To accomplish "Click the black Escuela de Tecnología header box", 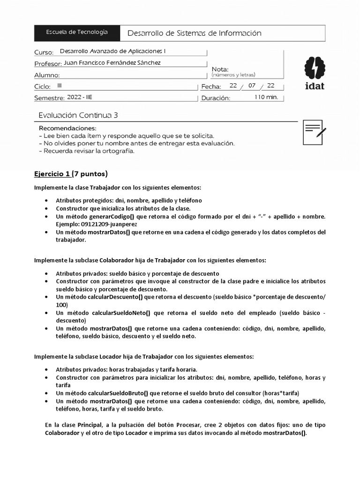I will (x=77, y=32).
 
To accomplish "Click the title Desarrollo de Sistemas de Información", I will (x=194, y=33).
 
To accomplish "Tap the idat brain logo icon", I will (x=314, y=68).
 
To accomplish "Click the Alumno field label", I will (x=47, y=75).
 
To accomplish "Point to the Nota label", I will (x=220, y=69).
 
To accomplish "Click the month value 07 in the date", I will (x=252, y=86).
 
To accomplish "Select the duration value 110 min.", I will (x=266, y=97).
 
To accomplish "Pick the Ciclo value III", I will (x=59, y=86).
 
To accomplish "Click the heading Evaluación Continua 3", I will (x=81, y=115).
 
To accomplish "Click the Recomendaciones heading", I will (x=67, y=128).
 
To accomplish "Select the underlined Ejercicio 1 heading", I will (x=52, y=174).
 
